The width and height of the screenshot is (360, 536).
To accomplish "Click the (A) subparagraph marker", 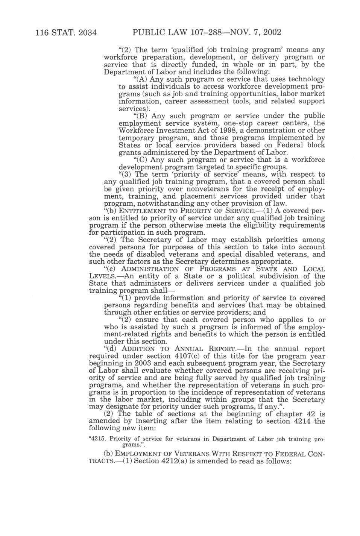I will click(141, 79).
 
